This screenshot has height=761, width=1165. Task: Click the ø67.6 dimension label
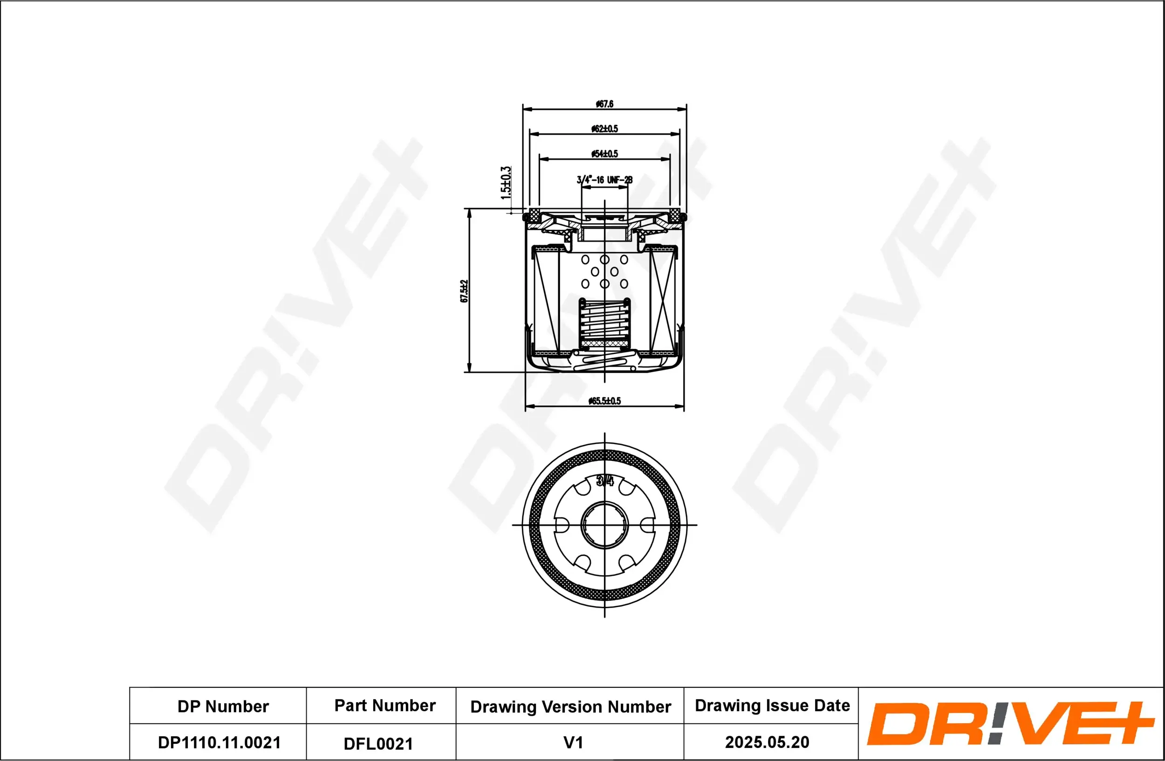604,104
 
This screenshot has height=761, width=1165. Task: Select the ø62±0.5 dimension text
604,129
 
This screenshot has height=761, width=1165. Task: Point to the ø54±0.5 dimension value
604,154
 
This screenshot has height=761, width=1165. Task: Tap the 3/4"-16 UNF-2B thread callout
604,180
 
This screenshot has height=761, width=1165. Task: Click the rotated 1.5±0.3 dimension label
506,183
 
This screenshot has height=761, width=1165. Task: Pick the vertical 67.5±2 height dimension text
464,291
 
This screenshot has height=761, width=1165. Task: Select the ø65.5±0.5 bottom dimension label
604,401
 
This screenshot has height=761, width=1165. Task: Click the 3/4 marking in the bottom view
605,481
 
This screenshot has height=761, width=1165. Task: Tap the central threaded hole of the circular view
604,525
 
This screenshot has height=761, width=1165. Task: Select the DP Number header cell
223,706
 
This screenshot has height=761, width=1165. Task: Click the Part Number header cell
385,705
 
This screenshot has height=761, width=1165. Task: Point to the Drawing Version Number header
570,706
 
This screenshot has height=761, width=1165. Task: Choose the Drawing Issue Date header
772,705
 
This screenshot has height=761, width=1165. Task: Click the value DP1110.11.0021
219,742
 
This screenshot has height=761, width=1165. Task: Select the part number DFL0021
378,743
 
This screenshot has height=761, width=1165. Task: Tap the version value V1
573,742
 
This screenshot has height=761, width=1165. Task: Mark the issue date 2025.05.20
767,742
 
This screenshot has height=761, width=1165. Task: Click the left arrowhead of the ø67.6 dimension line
527,109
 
